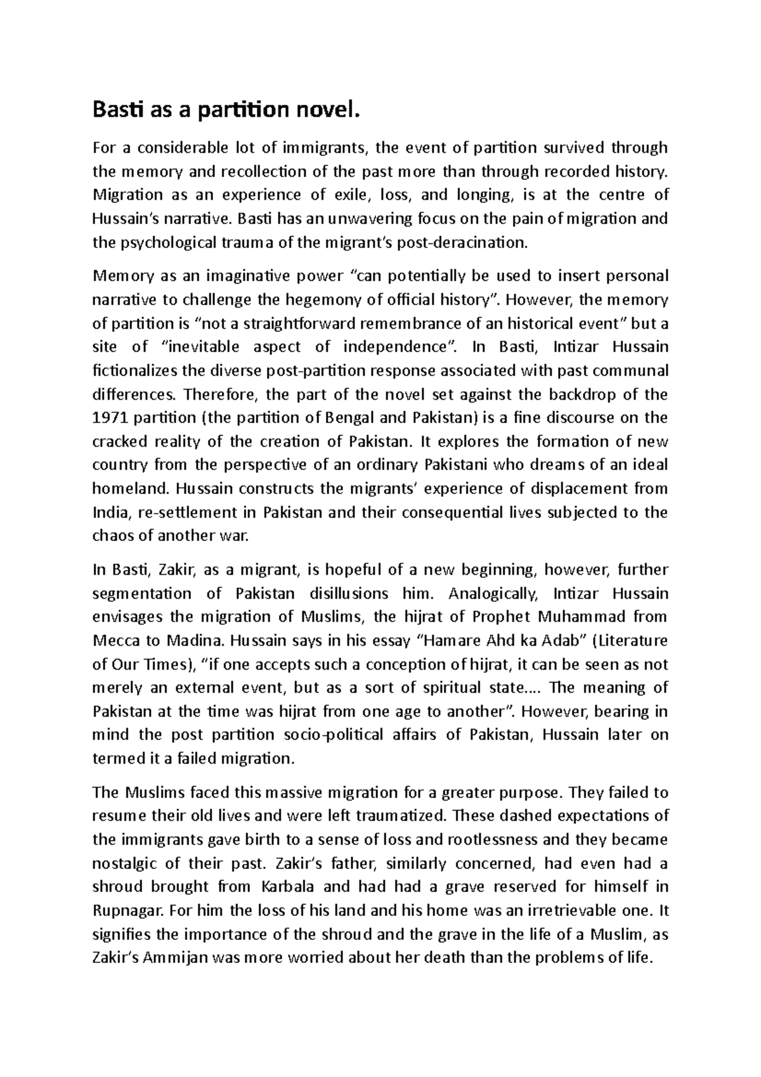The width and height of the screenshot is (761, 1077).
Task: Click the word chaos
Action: coord(110,536)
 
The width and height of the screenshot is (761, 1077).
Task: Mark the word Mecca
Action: coord(113,641)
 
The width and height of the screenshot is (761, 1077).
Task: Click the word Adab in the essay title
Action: coord(559,641)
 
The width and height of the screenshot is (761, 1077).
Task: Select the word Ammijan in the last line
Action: coord(175,958)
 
